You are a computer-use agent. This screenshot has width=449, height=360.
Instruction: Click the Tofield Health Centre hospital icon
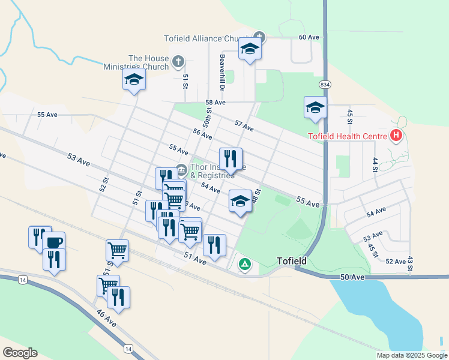coord(396,136)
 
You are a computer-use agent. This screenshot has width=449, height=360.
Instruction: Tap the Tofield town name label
coord(292,261)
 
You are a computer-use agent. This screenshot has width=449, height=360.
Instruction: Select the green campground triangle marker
coord(245,263)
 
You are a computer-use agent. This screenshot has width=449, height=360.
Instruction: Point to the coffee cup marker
coord(53,242)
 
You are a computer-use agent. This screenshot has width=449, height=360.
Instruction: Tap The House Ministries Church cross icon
coord(178,61)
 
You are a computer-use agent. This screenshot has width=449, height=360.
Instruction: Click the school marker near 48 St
coord(240,201)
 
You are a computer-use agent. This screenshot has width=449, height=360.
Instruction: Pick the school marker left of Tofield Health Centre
coord(315,108)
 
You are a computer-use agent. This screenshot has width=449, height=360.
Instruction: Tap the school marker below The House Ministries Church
coord(134,79)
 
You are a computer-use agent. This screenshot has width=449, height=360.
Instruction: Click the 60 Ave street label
coord(309,37)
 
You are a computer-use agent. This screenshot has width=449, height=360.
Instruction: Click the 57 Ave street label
coord(244,126)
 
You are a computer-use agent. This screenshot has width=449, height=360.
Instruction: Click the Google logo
coord(20,353)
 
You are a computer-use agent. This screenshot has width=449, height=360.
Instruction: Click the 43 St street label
coord(409,264)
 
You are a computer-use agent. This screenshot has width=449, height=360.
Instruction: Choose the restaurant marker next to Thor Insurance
coord(231,159)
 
